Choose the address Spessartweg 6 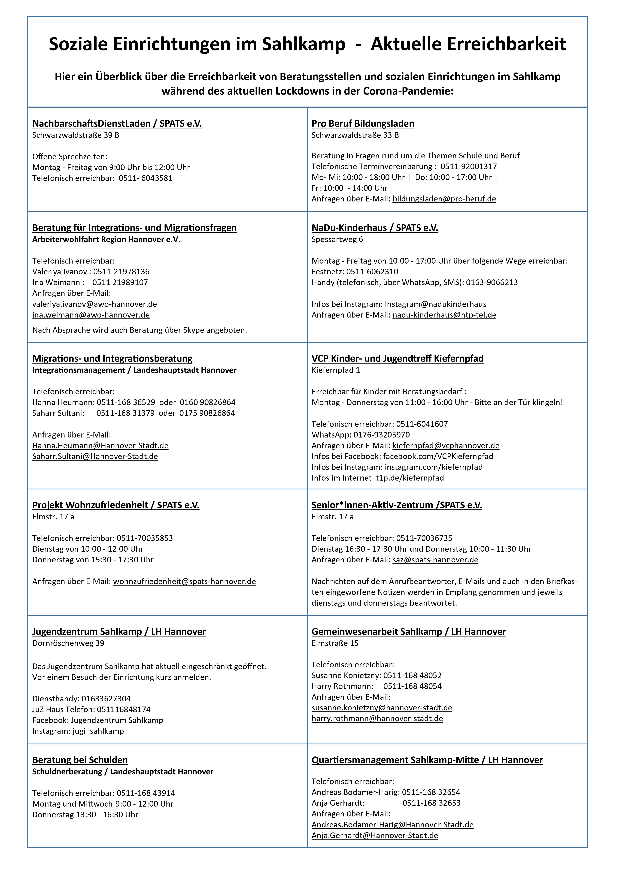(337, 239)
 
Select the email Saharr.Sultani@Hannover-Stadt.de (95, 456)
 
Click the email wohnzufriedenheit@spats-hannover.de (184, 581)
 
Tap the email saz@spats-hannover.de (435, 560)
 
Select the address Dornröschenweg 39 (68, 643)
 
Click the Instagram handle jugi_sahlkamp (98, 731)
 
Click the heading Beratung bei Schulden (80, 760)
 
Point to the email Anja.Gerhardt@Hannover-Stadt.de (375, 835)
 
